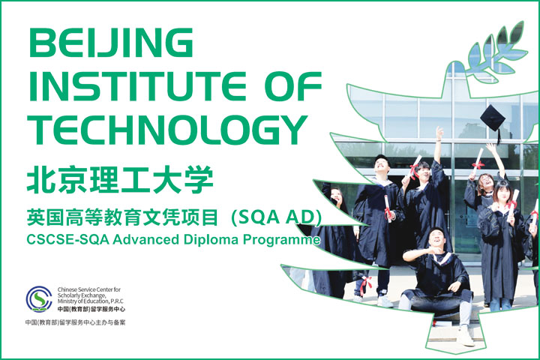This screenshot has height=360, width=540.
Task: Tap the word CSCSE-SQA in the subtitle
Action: [59, 241]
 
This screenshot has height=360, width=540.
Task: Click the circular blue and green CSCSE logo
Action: [40, 299]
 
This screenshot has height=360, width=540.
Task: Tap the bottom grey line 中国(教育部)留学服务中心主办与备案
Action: [75, 322]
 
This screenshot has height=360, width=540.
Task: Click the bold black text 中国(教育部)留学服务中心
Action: [91, 310]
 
